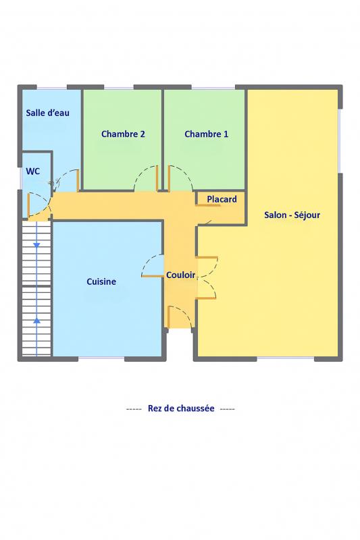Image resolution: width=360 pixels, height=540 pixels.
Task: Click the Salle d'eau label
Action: tap(47, 113)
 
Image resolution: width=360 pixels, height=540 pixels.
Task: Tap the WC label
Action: tap(32, 171)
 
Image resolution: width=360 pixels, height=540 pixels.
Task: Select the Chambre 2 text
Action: tap(123, 134)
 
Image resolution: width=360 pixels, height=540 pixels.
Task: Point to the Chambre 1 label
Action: tap(207, 134)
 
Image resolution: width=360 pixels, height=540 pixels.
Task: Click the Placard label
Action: tap(222, 199)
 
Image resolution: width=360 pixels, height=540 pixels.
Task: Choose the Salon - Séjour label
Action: tap(292, 215)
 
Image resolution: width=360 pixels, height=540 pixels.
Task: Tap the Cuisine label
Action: tap(101, 281)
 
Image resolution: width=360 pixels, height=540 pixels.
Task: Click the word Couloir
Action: tap(181, 275)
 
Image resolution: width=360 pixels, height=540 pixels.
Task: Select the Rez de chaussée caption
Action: tap(181, 408)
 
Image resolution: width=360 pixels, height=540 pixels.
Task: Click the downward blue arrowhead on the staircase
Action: tap(36, 245)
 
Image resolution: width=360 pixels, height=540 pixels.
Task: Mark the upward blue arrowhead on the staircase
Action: tap(36, 320)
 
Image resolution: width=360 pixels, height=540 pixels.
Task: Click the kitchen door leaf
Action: tap(152, 276)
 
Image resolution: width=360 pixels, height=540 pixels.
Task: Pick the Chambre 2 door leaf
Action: tap(157, 178)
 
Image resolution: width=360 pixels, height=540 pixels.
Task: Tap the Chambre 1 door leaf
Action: tap(169, 178)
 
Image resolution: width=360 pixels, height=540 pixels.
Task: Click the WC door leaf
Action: tap(28, 205)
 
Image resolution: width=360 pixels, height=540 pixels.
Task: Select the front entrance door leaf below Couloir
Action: tap(169, 317)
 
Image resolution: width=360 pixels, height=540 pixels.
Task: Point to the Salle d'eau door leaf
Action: tap(78, 180)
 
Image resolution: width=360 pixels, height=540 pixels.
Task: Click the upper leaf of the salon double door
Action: tap(207, 257)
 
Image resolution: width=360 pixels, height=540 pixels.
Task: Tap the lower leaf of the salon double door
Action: tap(206, 298)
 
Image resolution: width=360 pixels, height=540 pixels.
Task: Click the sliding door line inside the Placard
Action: tap(208, 206)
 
